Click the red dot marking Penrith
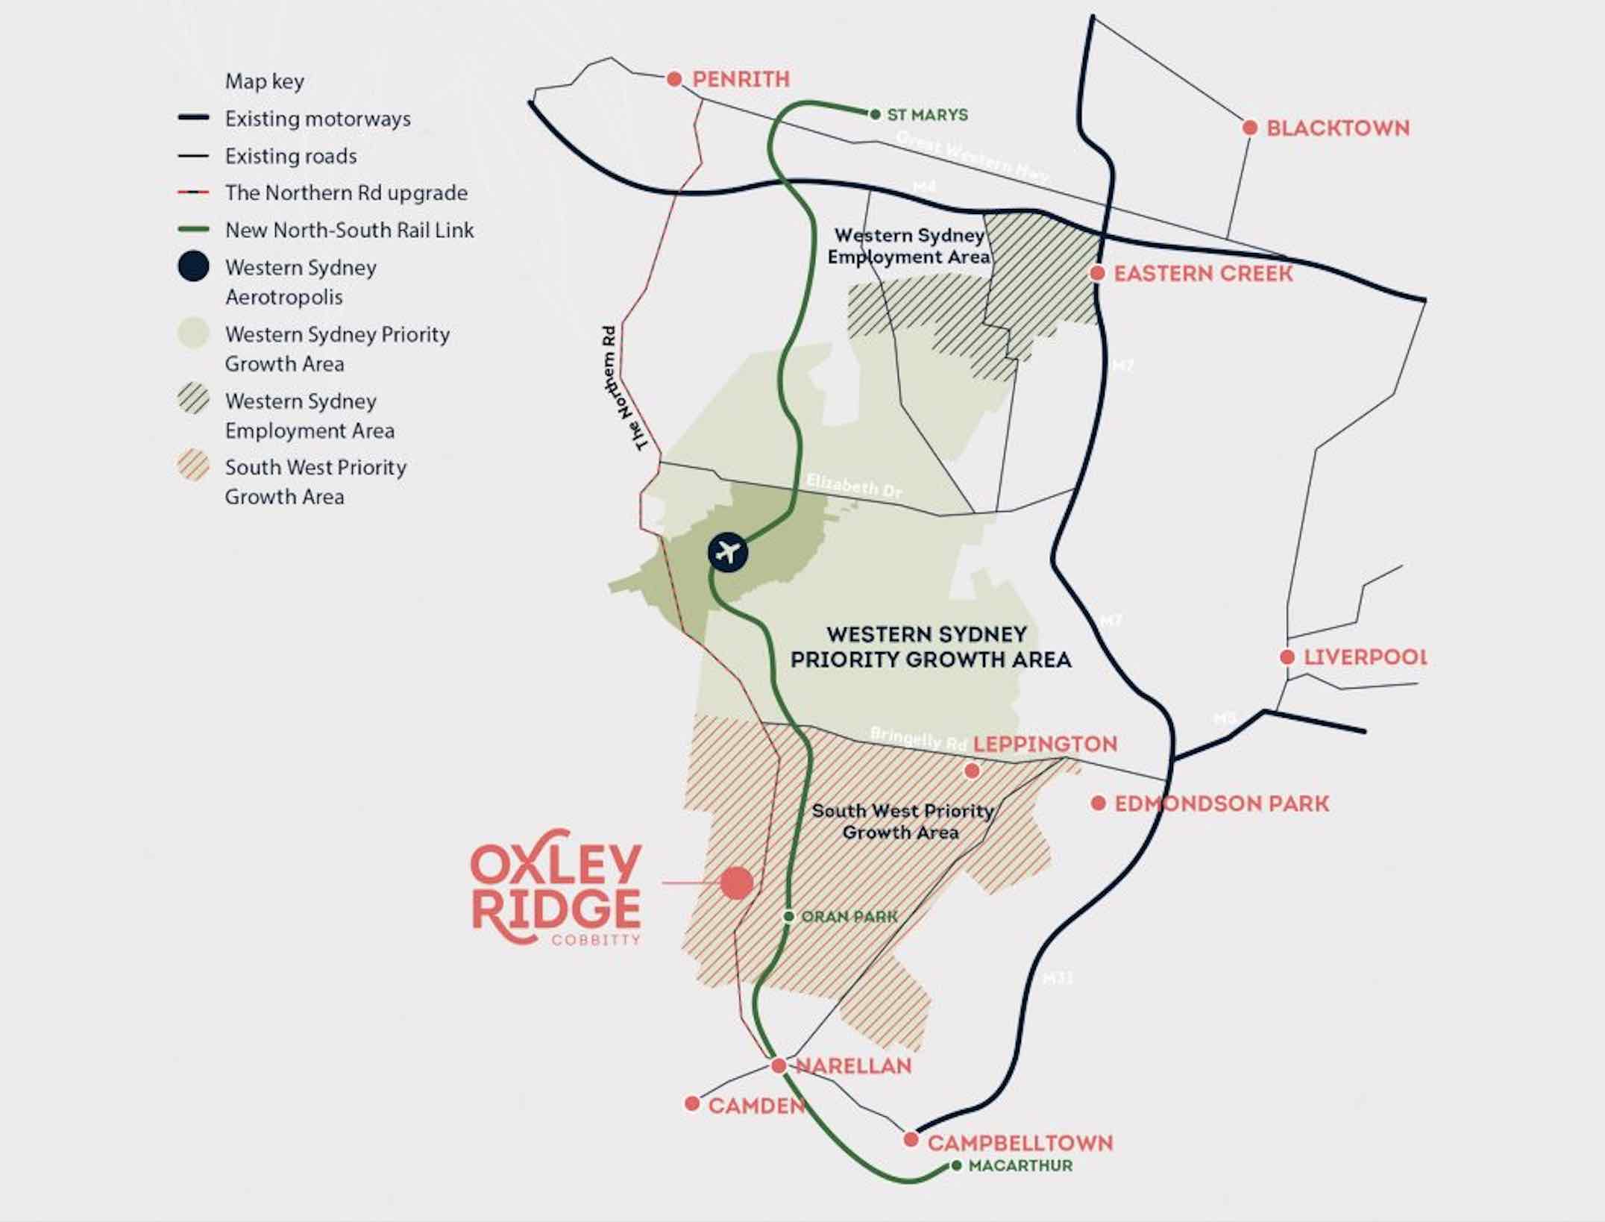[674, 79]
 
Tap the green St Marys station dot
[876, 114]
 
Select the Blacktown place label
[1338, 128]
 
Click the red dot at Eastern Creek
[1097, 273]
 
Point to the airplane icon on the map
[728, 553]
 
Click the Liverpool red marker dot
[1287, 657]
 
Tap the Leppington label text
[1045, 744]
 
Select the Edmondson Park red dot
[1098, 803]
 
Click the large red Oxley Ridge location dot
[737, 883]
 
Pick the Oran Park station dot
[788, 916]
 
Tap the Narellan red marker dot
[779, 1066]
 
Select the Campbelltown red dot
[911, 1140]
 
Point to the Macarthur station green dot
[957, 1165]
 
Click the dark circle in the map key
[193, 266]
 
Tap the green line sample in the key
[193, 230]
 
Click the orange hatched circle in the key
[193, 466]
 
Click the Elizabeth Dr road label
[854, 486]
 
